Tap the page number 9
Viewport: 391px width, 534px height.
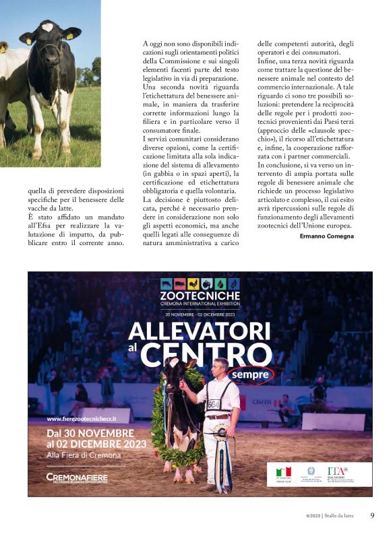(x=372, y=516)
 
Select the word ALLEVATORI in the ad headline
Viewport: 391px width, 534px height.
(x=199, y=330)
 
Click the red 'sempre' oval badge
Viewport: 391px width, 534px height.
(x=249, y=374)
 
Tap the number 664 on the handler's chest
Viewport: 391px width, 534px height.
(x=213, y=404)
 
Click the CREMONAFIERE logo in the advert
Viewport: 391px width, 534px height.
(x=77, y=477)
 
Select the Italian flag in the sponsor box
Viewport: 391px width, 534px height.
(x=284, y=471)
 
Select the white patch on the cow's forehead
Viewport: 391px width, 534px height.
(x=47, y=27)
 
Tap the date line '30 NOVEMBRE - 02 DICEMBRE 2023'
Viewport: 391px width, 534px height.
(x=200, y=314)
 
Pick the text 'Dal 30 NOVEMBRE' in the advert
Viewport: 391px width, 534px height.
(x=90, y=432)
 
